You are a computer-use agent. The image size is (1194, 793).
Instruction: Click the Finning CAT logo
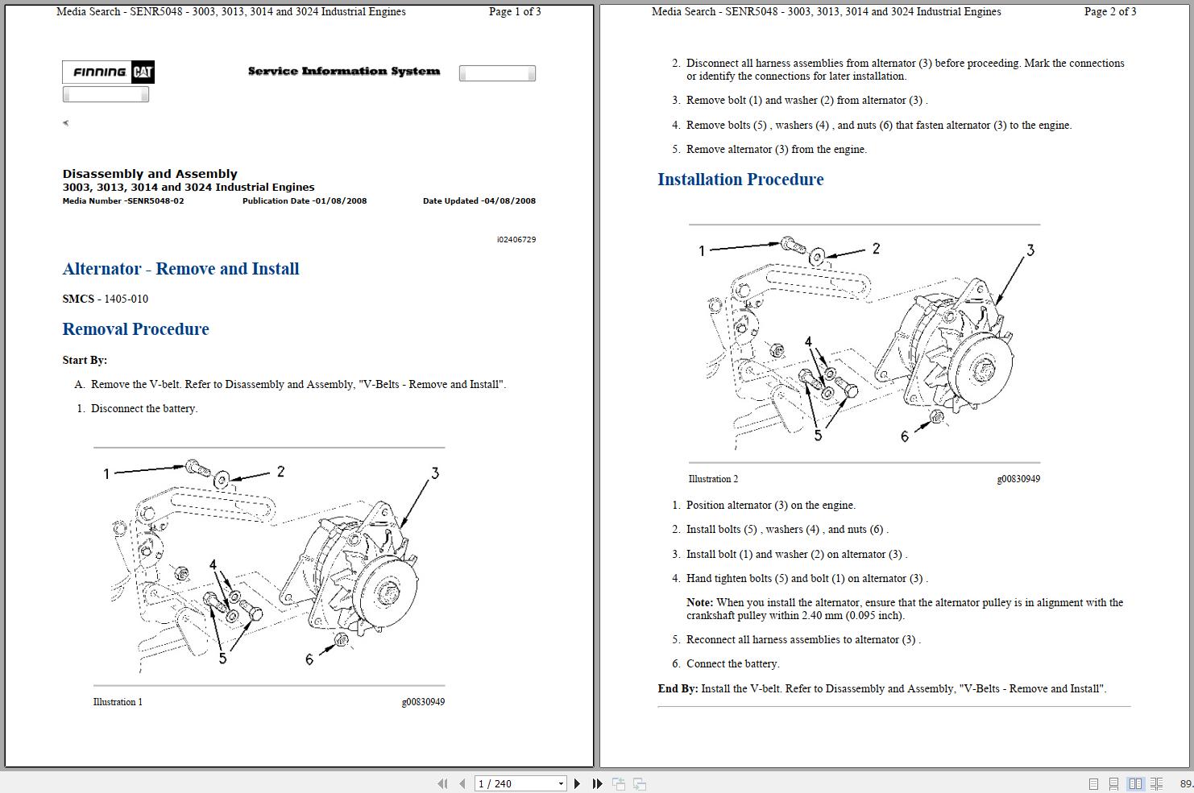(x=109, y=72)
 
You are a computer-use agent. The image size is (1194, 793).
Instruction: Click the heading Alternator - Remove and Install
(x=180, y=269)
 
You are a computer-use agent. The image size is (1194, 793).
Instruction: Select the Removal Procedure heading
(x=135, y=329)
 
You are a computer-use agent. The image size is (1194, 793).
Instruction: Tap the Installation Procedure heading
(x=740, y=180)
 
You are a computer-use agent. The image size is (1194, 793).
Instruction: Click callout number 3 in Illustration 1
(x=435, y=473)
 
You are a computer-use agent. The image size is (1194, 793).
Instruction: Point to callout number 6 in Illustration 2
(x=904, y=436)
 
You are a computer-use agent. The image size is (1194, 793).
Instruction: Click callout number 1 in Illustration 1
(x=106, y=474)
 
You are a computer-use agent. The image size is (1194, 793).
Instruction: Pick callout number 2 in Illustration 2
(x=876, y=249)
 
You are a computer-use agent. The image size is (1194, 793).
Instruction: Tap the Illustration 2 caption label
(x=713, y=479)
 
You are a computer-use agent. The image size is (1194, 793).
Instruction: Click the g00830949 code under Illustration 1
(x=423, y=702)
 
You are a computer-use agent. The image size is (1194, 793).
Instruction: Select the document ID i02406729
(x=516, y=240)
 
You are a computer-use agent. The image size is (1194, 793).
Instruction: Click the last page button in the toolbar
(x=597, y=783)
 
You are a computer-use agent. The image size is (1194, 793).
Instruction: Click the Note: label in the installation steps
(x=699, y=602)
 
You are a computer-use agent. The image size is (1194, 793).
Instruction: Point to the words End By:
(x=678, y=688)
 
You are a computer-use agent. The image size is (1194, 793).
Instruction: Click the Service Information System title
(x=344, y=72)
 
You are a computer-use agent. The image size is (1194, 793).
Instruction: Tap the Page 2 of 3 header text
(x=1109, y=12)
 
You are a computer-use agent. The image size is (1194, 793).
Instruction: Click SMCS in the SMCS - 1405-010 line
(x=78, y=299)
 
